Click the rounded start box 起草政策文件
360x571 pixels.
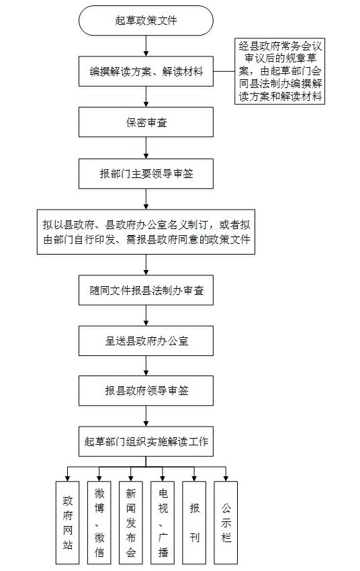click(x=146, y=20)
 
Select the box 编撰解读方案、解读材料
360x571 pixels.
click(x=146, y=71)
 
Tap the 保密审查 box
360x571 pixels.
click(x=146, y=122)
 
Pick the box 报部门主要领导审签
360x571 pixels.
click(x=146, y=173)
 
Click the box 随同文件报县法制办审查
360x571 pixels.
click(x=146, y=290)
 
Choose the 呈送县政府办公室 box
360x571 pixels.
click(x=146, y=341)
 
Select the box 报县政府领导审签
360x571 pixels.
click(x=146, y=391)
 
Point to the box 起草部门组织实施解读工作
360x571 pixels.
click(x=146, y=441)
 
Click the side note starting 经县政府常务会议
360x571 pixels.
click(x=280, y=71)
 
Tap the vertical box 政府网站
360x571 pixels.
click(x=68, y=523)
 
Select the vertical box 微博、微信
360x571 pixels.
click(x=99, y=523)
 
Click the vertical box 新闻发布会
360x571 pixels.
click(x=131, y=523)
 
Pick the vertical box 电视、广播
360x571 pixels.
click(x=163, y=523)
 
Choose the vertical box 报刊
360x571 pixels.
click(x=194, y=523)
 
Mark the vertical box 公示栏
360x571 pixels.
click(x=226, y=523)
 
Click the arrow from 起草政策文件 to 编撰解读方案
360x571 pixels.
click(x=146, y=46)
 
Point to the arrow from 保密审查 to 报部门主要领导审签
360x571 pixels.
click(x=146, y=148)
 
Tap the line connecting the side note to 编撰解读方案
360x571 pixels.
click(x=224, y=71)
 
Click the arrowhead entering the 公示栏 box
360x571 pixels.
click(x=226, y=478)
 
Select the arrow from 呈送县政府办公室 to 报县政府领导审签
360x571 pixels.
click(x=146, y=366)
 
